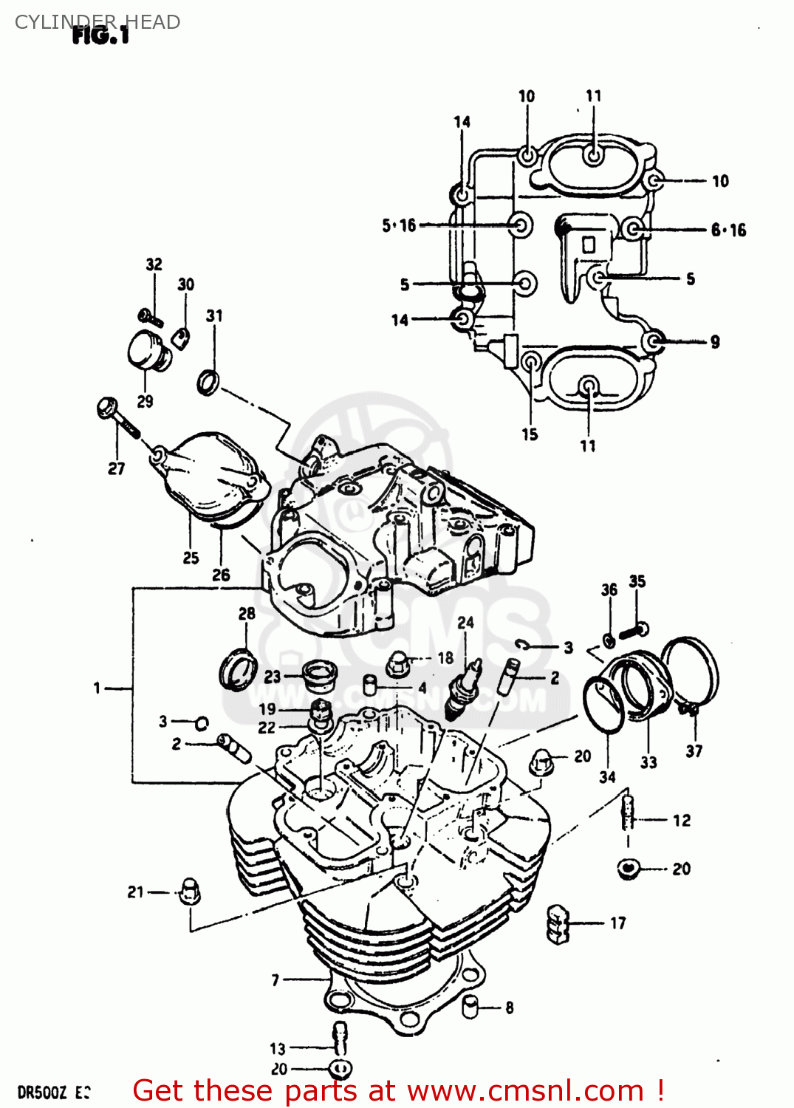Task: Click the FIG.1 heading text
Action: pos(100,35)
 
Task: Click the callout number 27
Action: pos(117,468)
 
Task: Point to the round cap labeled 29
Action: pos(146,352)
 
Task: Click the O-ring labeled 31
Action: pos(209,382)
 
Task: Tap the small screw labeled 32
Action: pos(151,318)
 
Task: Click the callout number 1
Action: pos(97,688)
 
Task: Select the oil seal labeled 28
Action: pos(238,669)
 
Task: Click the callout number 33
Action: pos(648,762)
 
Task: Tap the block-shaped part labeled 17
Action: pos(558,923)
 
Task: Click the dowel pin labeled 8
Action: pos(470,1006)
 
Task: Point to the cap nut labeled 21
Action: pos(189,891)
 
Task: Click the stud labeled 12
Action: pos(629,813)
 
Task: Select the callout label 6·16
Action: pos(728,230)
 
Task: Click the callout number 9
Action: pos(715,342)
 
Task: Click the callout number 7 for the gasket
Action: pos(275,980)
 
